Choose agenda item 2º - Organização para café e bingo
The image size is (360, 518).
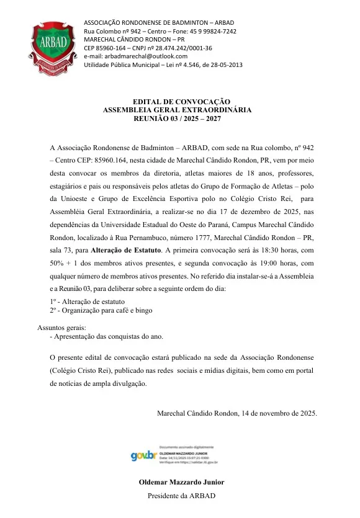[101, 310]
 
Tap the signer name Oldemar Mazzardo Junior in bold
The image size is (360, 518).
[182, 482]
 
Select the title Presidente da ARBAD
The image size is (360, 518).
[182, 495]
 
